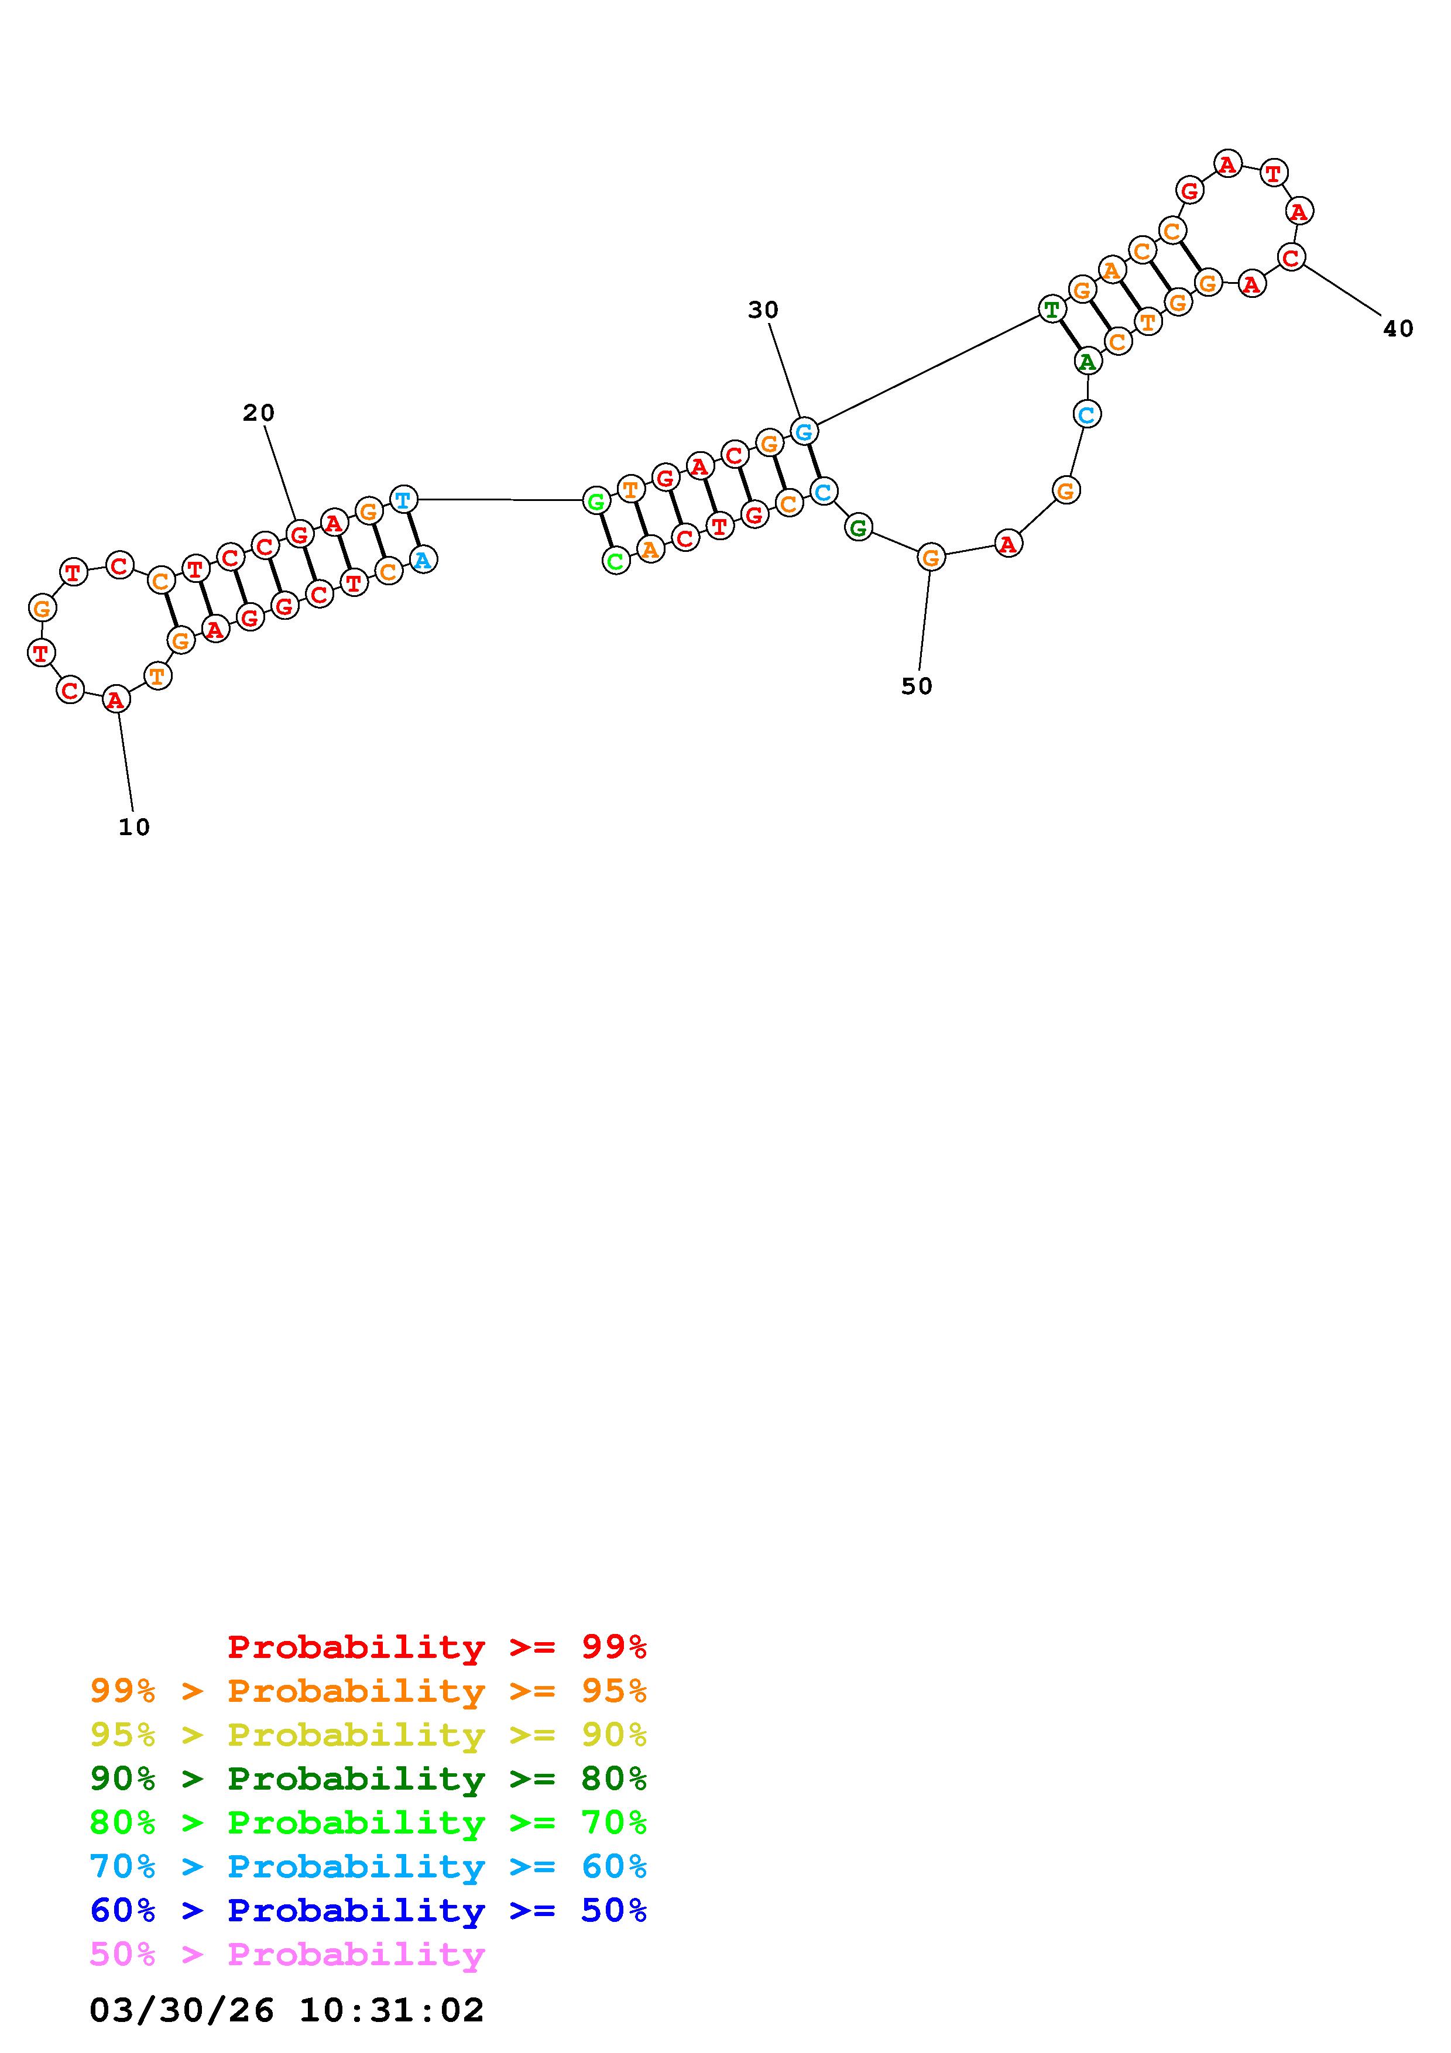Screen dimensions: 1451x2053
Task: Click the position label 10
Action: (x=134, y=828)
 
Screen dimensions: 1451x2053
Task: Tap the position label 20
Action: (x=258, y=413)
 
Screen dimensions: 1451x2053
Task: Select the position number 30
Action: (x=763, y=310)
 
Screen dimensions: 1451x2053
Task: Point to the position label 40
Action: (x=1398, y=329)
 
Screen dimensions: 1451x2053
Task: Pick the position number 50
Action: (x=917, y=686)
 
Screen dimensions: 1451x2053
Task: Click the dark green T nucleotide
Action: (x=1052, y=310)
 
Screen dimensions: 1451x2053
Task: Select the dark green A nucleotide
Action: (x=1087, y=361)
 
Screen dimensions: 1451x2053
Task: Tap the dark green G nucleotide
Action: (x=858, y=527)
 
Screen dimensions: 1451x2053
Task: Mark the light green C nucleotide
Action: (x=615, y=562)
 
